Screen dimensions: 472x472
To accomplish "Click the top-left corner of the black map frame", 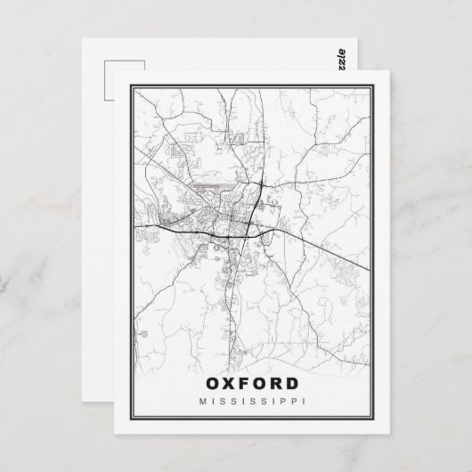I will (130, 85).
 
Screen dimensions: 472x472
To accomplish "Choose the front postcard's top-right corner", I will (382, 69).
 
